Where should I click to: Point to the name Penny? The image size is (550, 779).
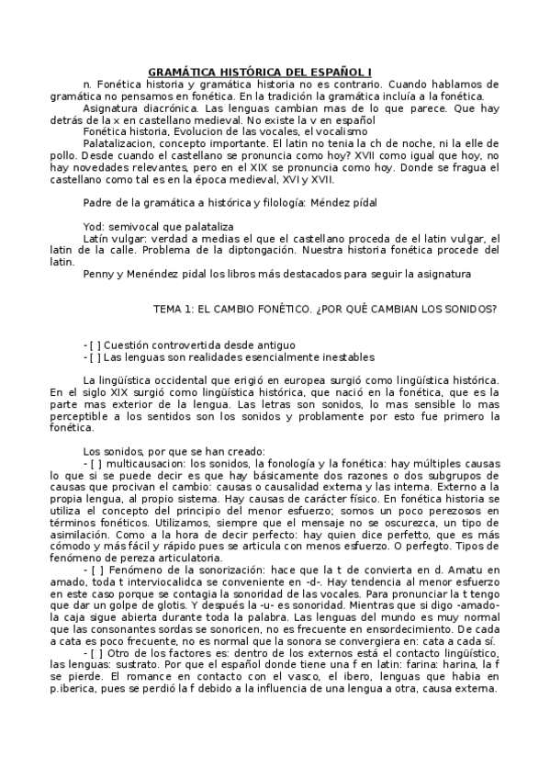(99, 273)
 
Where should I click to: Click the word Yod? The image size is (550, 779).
(94, 225)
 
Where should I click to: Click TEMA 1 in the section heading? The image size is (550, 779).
(170, 309)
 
